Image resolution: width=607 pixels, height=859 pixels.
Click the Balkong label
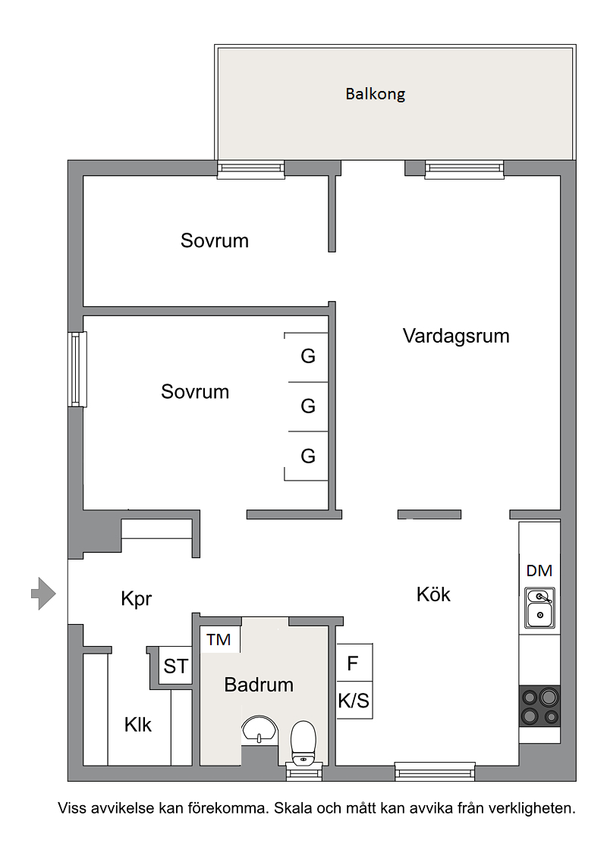[375, 95]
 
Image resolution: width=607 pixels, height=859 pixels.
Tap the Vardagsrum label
[455, 336]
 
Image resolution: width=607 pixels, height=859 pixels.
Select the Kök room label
[433, 594]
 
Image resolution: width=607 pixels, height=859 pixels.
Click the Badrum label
[259, 685]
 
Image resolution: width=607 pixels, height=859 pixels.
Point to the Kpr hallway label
[137, 599]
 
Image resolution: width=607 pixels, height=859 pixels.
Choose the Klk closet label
[138, 725]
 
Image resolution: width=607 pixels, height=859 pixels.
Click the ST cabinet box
[175, 666]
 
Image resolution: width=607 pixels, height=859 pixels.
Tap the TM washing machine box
[219, 640]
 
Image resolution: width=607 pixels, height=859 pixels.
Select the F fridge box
[353, 664]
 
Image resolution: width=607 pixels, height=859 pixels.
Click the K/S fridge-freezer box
[354, 701]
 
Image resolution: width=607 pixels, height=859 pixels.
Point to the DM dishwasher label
[539, 571]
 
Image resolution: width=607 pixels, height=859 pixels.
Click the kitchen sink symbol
[540, 608]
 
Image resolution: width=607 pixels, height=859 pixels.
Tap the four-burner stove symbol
[539, 706]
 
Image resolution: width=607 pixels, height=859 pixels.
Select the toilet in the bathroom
[303, 742]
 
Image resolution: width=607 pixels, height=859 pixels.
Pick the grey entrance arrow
[43, 593]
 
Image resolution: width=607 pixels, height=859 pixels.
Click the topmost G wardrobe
[307, 356]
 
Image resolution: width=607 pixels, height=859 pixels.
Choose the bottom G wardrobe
[307, 456]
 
